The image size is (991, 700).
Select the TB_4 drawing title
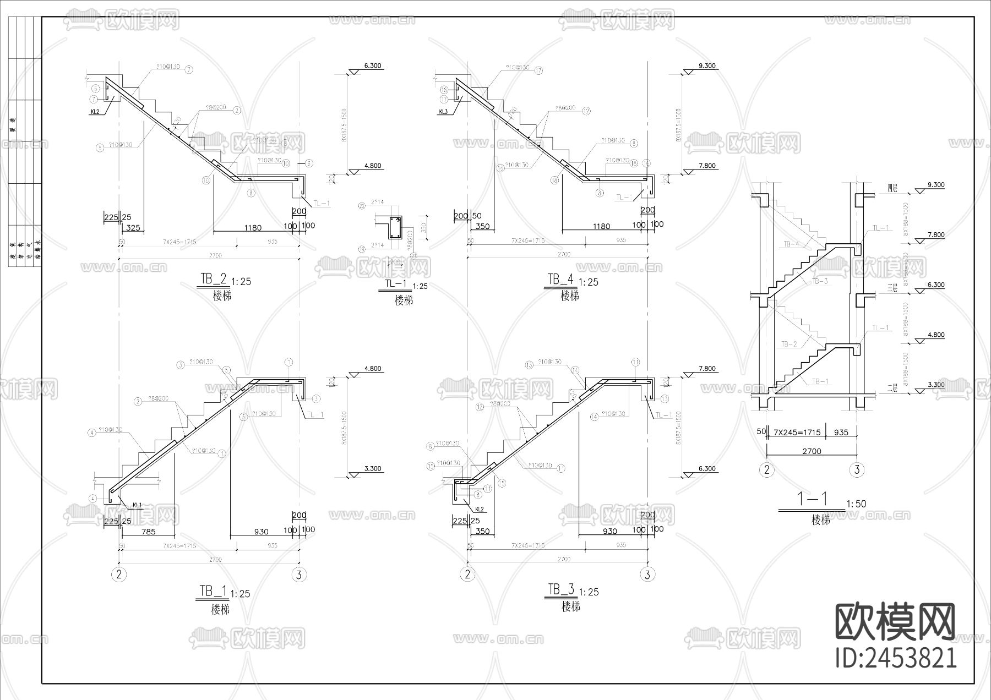(x=560, y=280)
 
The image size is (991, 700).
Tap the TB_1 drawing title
(x=212, y=592)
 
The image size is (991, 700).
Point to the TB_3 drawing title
(x=560, y=590)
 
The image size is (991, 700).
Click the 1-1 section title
(x=813, y=499)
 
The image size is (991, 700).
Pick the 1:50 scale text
(x=856, y=504)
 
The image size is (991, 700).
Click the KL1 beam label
(x=137, y=505)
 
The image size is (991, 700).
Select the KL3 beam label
(x=444, y=112)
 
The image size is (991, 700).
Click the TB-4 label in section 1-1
(x=791, y=244)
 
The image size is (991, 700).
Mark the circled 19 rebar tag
(x=362, y=249)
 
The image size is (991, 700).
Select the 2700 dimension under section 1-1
(x=812, y=451)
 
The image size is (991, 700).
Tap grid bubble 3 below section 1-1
(x=856, y=470)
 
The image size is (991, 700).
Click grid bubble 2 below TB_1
(x=119, y=575)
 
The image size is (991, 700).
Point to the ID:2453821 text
(x=896, y=658)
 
